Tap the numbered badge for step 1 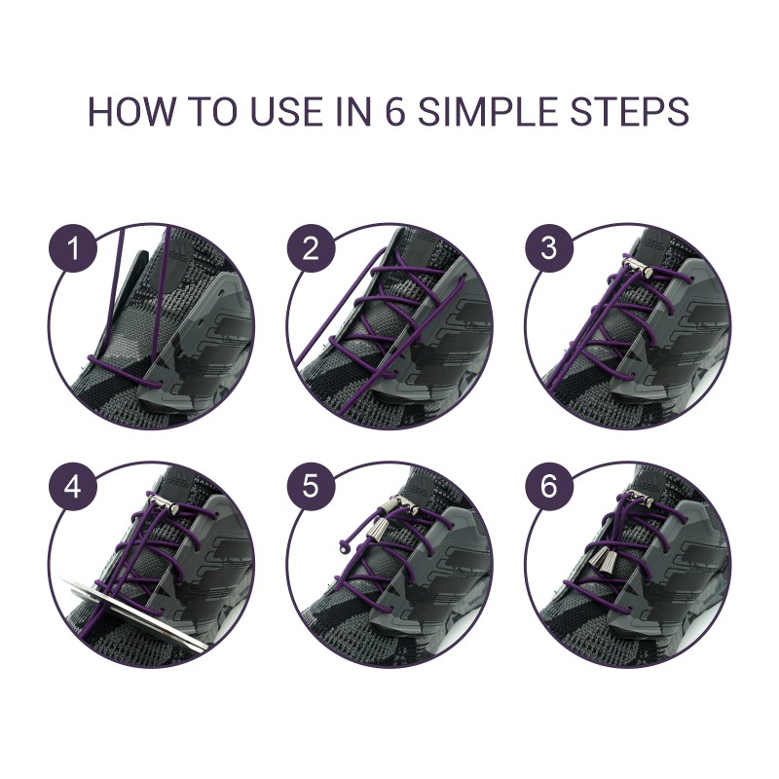(72, 248)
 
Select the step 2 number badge (311, 248)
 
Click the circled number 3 (548, 248)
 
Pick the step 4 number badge (72, 487)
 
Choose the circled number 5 (311, 487)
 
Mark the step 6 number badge (548, 487)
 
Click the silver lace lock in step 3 (639, 266)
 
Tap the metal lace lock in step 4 (164, 503)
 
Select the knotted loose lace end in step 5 (344, 547)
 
